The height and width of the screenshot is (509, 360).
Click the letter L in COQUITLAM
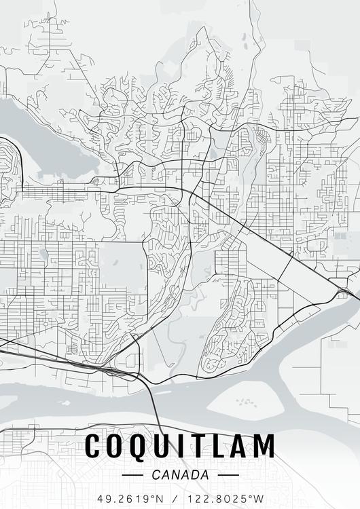tap(219, 447)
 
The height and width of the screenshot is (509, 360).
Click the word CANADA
tap(180, 475)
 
